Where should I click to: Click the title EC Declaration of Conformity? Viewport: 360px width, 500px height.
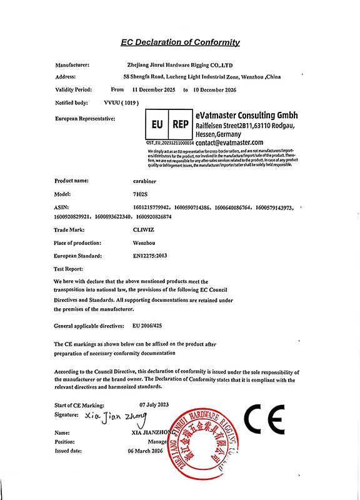click(180, 42)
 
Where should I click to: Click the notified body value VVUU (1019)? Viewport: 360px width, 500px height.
click(120, 102)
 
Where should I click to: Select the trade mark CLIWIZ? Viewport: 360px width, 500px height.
click(136, 230)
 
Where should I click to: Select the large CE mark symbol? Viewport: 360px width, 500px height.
click(264, 419)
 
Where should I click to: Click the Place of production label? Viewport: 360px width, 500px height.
click(78, 242)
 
